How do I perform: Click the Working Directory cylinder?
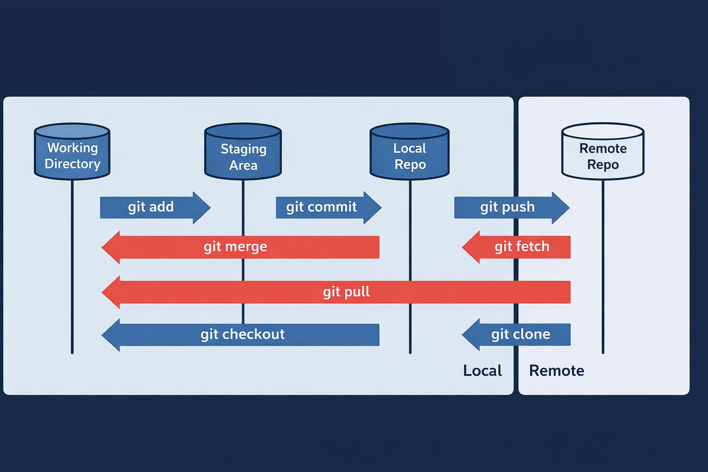point(72,152)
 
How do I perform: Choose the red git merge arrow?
point(240,247)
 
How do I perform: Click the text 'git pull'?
point(346,292)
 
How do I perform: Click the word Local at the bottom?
point(482,371)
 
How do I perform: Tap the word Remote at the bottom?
point(556,371)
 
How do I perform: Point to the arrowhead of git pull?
point(111,292)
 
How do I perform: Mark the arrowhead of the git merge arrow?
point(111,247)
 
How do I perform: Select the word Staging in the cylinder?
point(243,149)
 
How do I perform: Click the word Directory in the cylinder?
point(72,164)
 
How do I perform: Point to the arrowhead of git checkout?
point(111,335)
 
